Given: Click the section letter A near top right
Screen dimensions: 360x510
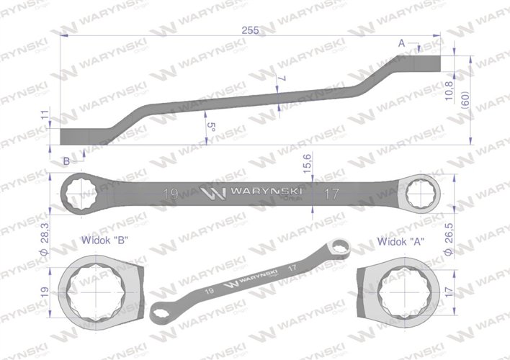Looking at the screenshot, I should tap(402, 43).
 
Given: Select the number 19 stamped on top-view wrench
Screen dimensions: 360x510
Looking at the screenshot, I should tap(171, 194).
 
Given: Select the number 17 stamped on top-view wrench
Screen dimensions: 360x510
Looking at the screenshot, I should tap(332, 194).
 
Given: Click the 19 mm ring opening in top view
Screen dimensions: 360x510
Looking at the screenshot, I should tap(81, 194).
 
